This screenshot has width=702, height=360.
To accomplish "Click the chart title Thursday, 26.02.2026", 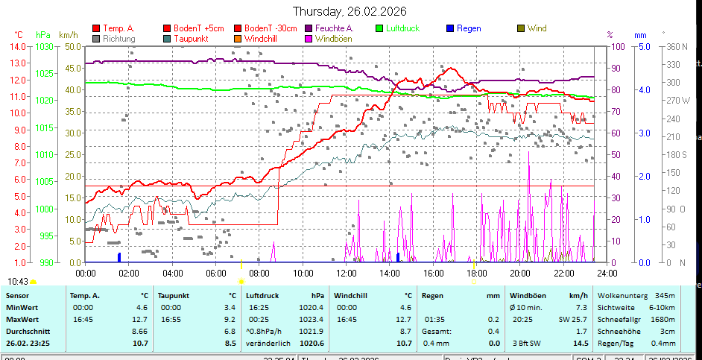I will point(350,11).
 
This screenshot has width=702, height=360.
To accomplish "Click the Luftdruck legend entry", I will point(403,28).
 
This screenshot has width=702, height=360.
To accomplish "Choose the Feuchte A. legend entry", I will point(329,28).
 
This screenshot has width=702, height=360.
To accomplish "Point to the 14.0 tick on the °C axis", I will point(18,46).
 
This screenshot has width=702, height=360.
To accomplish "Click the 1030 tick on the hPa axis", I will point(44,46).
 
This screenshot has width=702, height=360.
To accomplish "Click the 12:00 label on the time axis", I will point(347,274).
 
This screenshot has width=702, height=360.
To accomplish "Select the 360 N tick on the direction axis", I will point(677,46).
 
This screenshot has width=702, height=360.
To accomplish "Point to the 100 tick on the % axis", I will point(619,46).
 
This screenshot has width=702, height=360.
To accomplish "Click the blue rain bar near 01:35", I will point(119,257).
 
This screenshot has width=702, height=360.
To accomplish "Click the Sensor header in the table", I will point(18,295).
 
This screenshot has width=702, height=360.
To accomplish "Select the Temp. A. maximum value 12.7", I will point(140,319).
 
